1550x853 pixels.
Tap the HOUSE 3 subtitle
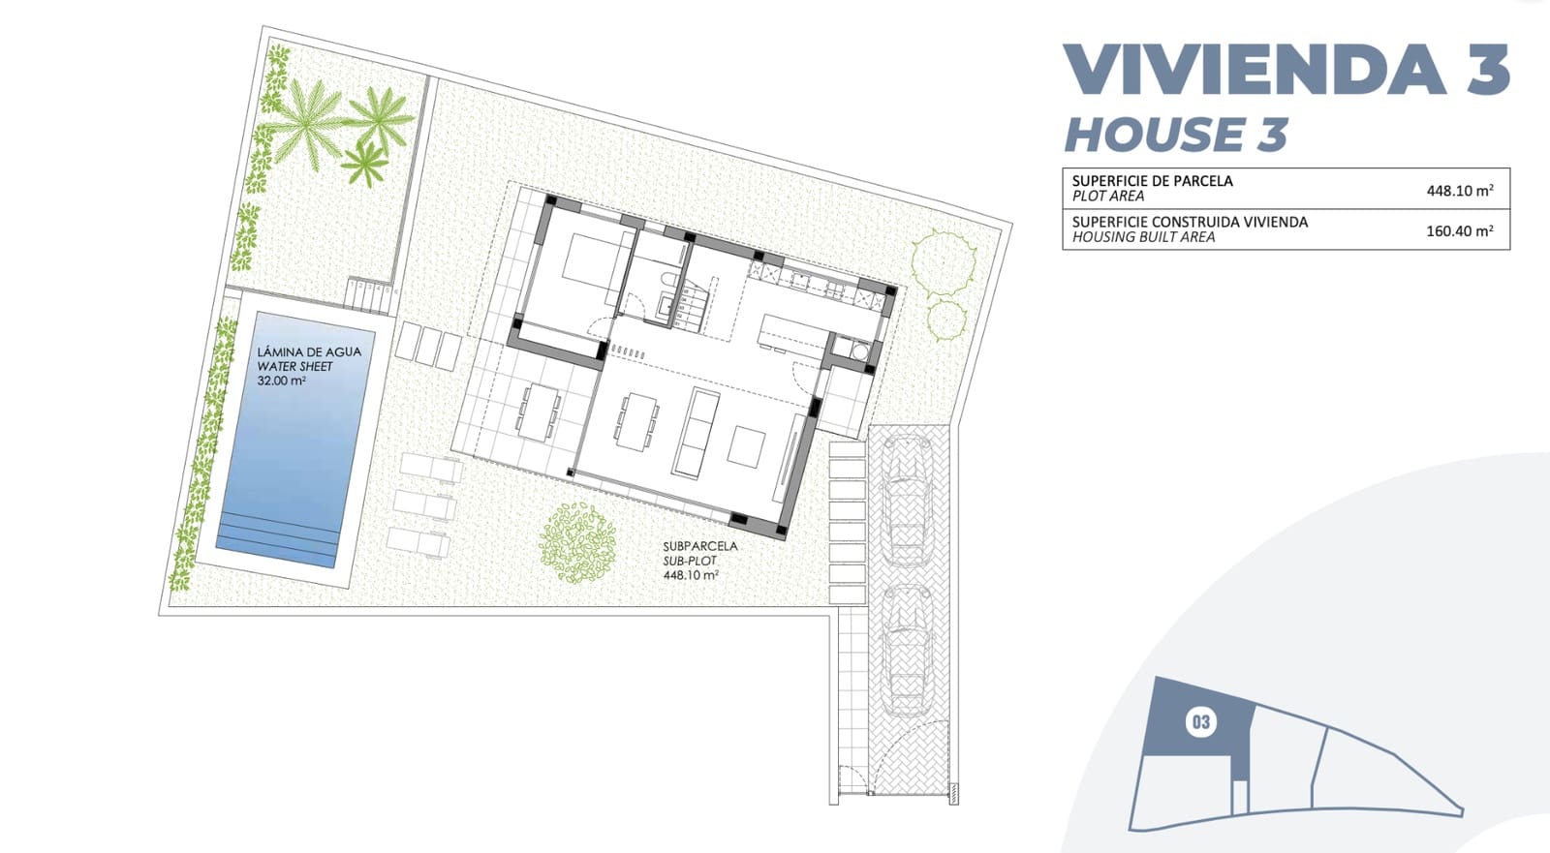[x=1175, y=135]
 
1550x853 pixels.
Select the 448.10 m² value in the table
[x=1459, y=191]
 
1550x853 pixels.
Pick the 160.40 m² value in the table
[x=1459, y=231]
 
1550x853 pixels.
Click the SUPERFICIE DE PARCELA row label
[x=1152, y=181]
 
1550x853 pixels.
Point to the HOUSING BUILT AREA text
[x=1143, y=237]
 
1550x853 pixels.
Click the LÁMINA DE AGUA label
[x=308, y=352]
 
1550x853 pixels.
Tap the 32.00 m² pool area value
[x=282, y=381]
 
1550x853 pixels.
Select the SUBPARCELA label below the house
[x=699, y=546]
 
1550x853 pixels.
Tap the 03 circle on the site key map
[x=1200, y=722]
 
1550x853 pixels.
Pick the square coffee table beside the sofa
[x=747, y=446]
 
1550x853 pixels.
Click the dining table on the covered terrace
[x=539, y=411]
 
